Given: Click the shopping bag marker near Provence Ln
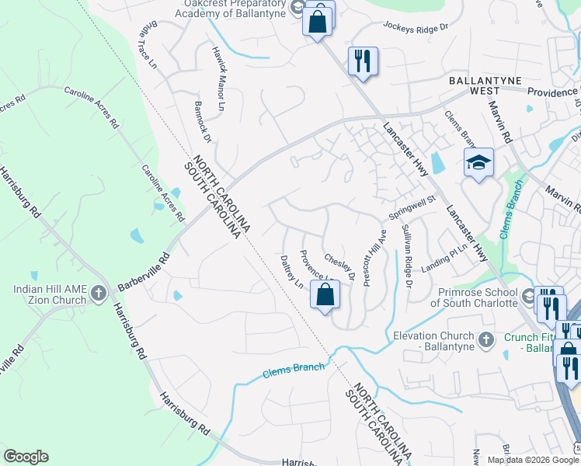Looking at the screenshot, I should tap(325, 295).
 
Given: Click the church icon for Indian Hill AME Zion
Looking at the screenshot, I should tap(98, 294).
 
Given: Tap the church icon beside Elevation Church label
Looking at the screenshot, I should tap(485, 339).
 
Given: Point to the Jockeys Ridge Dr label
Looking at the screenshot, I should tap(416, 28).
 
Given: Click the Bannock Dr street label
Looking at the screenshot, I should tap(203, 121).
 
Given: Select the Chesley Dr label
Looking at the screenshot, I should tap(339, 266).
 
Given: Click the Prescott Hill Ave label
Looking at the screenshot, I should tap(373, 257).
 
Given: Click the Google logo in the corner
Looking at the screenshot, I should tap(26, 457).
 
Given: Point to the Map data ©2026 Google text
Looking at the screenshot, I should tap(532, 459).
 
